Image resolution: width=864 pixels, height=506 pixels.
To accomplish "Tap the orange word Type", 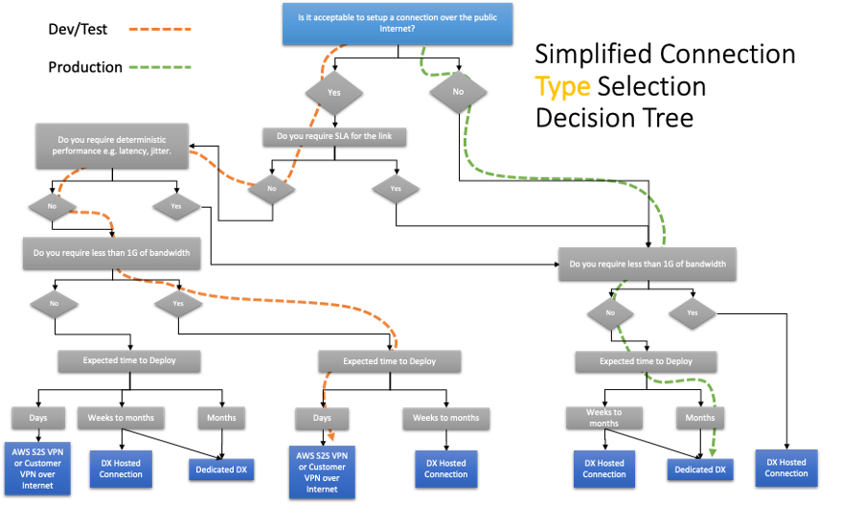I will pyautogui.click(x=562, y=87).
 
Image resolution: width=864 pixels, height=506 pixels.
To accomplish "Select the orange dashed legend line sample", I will pyautogui.click(x=160, y=30).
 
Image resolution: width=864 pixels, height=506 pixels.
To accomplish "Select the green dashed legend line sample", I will pyautogui.click(x=160, y=68).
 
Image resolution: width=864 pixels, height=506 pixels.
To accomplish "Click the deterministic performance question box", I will pyautogui.click(x=112, y=147).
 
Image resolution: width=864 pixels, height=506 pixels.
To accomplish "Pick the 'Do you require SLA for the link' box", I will pyautogui.click(x=334, y=136).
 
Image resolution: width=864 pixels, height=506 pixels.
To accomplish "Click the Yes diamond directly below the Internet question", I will pyautogui.click(x=334, y=93).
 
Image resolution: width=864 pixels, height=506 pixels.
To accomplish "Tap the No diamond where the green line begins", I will pyautogui.click(x=458, y=93).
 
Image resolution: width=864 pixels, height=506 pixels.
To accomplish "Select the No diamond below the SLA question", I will pyautogui.click(x=271, y=189).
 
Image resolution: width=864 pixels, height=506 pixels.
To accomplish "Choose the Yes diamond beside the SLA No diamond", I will pyautogui.click(x=396, y=188).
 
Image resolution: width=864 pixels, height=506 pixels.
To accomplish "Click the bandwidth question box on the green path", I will pyautogui.click(x=648, y=264).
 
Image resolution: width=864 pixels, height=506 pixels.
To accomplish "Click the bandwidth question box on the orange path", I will pyautogui.click(x=111, y=253).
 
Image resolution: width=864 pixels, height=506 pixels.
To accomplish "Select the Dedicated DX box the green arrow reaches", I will pyautogui.click(x=700, y=470).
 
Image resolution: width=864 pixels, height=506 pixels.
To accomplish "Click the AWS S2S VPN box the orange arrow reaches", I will pyautogui.click(x=322, y=471).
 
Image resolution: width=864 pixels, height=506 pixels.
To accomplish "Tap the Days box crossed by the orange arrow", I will pyautogui.click(x=322, y=418).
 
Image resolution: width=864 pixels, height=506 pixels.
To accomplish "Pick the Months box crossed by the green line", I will pyautogui.click(x=700, y=418).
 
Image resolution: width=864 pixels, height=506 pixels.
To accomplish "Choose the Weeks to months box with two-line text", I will pyautogui.click(x=603, y=418).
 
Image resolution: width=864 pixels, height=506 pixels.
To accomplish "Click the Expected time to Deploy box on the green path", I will pyautogui.click(x=647, y=361).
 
